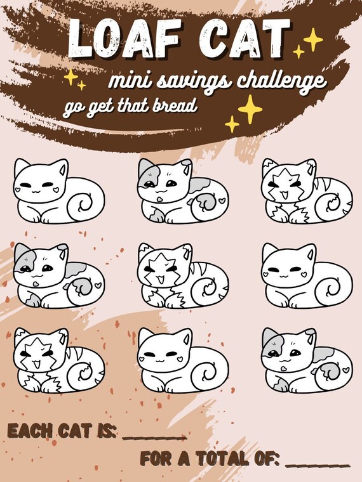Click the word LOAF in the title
click(124, 39)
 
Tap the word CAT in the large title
click(245, 39)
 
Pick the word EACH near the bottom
click(29, 431)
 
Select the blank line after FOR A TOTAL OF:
click(318, 465)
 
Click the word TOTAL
click(222, 459)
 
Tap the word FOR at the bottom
click(156, 459)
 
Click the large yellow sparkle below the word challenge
click(250, 109)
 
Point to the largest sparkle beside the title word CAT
click(313, 39)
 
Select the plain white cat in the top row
click(58, 191)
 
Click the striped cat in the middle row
click(183, 276)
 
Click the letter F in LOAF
click(166, 39)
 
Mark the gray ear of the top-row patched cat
click(145, 167)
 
